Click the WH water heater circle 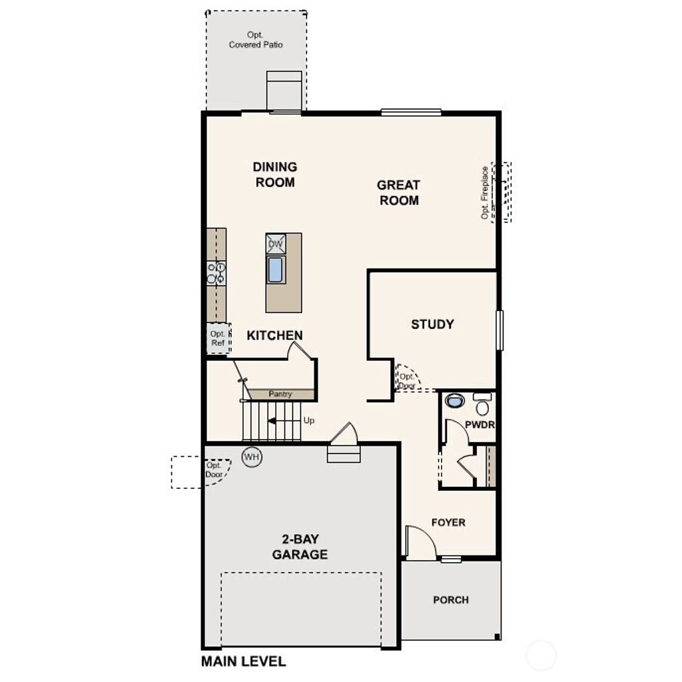(x=252, y=457)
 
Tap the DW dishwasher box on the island (x=276, y=244)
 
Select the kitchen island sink (x=275, y=270)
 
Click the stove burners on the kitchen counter (x=216, y=273)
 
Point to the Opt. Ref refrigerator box (x=218, y=338)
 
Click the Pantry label (x=280, y=394)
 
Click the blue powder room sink (x=456, y=401)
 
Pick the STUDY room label (x=432, y=324)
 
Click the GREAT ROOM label (x=399, y=192)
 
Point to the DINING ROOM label (x=275, y=174)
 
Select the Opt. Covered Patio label (x=256, y=40)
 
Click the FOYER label (x=448, y=523)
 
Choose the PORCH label (x=451, y=600)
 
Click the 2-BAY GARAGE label (x=300, y=547)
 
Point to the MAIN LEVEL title (x=244, y=661)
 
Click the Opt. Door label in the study (x=406, y=381)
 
